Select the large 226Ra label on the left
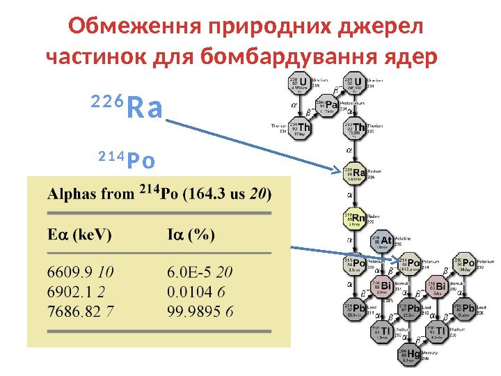pos(127,108)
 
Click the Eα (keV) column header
pos(79,235)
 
